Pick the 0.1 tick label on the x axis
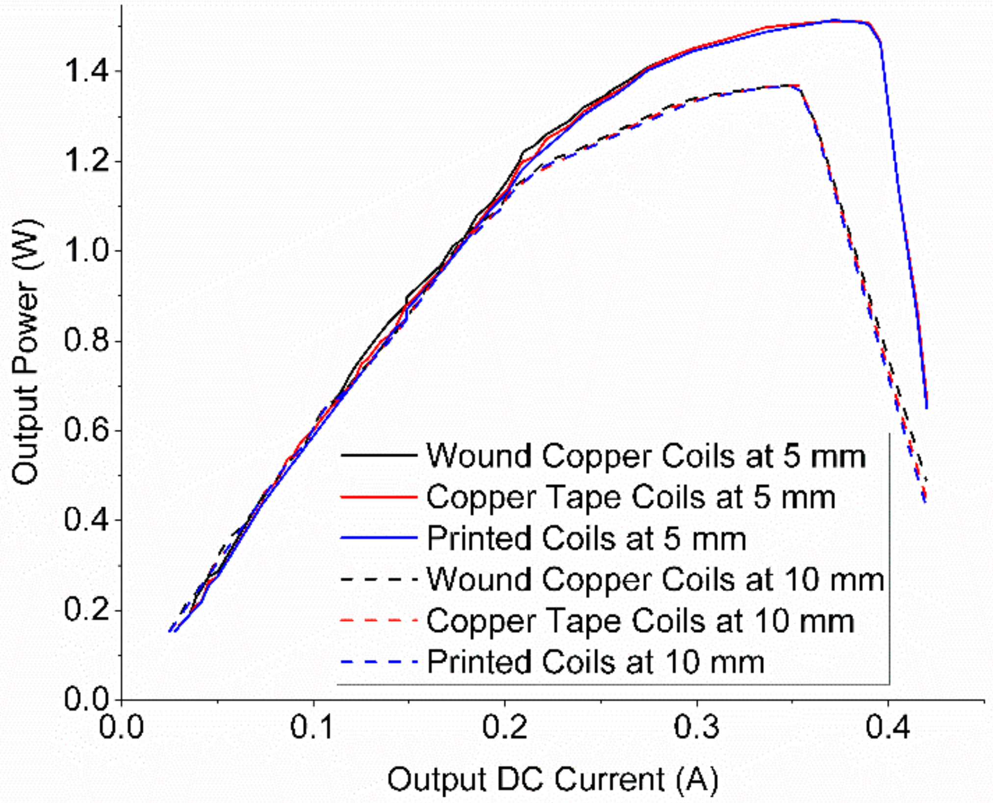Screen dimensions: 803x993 [313, 727]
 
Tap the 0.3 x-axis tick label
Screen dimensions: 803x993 [696, 727]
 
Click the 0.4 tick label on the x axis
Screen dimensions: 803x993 [888, 727]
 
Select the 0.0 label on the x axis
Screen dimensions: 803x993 [122, 727]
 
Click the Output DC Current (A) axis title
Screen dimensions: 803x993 [553, 779]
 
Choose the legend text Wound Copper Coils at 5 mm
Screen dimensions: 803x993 [646, 456]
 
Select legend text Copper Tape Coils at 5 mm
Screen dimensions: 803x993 [631, 497]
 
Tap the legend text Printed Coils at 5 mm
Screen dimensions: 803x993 [586, 539]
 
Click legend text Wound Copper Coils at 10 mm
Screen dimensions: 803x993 [655, 580]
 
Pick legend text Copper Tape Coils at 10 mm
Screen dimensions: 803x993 [640, 621]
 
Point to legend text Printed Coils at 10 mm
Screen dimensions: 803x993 [596, 662]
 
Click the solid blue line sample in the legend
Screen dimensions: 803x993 [379, 538]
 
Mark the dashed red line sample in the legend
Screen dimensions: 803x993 [379, 621]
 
